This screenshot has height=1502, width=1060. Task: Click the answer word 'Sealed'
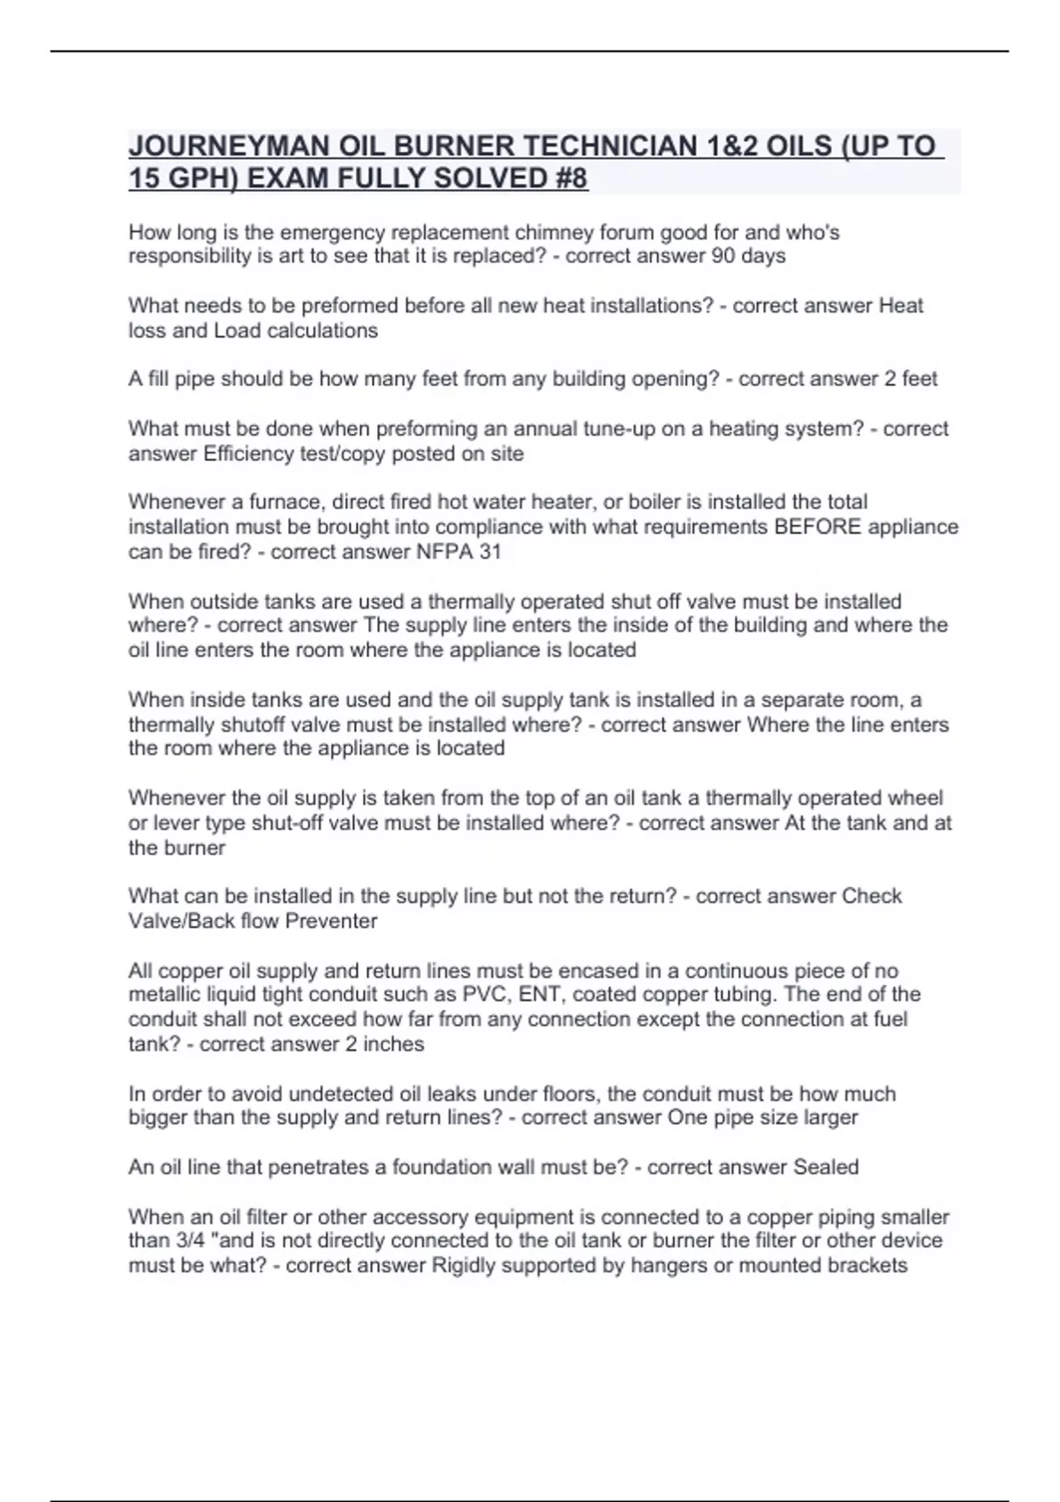pos(825,1167)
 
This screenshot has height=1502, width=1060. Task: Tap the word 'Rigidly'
pos(466,1265)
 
